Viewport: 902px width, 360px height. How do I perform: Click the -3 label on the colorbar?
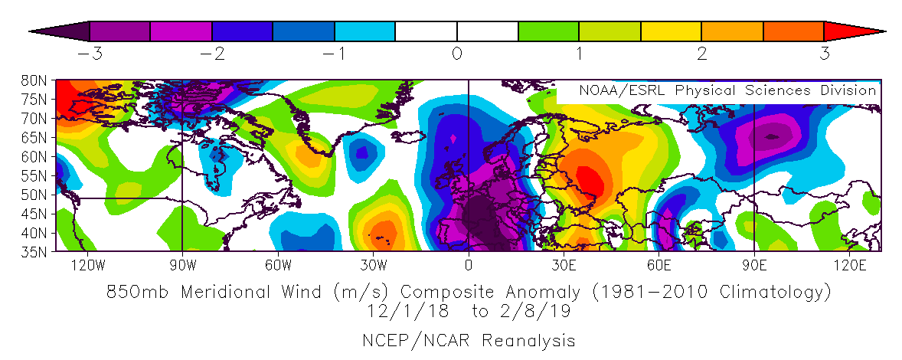click(x=87, y=54)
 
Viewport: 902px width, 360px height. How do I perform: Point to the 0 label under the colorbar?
click(x=456, y=54)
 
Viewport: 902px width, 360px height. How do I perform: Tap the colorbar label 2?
click(x=701, y=54)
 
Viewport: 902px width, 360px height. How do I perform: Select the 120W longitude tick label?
click(x=87, y=265)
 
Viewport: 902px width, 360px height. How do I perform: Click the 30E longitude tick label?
click(x=564, y=265)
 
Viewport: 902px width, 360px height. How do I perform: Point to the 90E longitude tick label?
click(x=754, y=265)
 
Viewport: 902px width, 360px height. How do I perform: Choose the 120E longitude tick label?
click(x=849, y=265)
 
